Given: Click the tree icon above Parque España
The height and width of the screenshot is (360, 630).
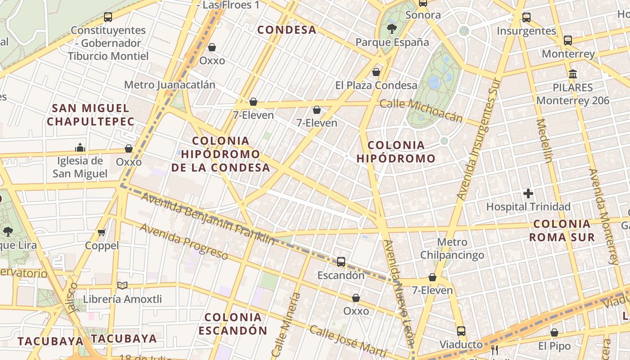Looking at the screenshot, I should [x=392, y=29].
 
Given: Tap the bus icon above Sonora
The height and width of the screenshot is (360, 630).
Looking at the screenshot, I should [x=423, y=3].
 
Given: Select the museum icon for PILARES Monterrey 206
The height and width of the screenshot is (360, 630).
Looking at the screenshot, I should [x=573, y=74].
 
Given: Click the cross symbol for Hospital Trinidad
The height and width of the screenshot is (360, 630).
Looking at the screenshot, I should [x=528, y=194].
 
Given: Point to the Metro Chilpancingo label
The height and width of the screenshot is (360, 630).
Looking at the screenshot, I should [x=452, y=248].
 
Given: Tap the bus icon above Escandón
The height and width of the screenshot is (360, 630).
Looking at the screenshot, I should [x=341, y=262].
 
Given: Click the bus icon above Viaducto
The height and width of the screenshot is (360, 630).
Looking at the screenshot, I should [x=461, y=331].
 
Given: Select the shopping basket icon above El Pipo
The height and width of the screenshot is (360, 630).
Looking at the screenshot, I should [x=554, y=333].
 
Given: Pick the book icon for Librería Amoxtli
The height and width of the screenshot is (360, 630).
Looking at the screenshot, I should [x=122, y=285].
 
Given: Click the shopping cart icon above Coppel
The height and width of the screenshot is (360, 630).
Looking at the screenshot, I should [x=102, y=233].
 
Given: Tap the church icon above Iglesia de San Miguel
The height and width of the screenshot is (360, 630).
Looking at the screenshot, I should [x=80, y=148].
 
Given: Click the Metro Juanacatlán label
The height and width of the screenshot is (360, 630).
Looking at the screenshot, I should [x=170, y=85].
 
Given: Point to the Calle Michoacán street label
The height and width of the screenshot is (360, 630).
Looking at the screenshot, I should [x=421, y=110].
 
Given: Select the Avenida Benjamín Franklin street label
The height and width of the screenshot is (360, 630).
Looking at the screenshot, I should [x=207, y=218].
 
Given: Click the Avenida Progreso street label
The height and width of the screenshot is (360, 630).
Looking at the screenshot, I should [x=184, y=241].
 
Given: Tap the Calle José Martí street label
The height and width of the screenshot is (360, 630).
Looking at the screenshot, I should [x=348, y=340].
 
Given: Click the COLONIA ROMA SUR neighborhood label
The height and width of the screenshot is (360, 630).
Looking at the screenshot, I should [x=562, y=230].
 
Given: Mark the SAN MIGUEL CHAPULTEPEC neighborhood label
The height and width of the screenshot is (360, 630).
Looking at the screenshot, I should [x=90, y=115].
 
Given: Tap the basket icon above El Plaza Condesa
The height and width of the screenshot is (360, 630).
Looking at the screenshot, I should [x=376, y=72].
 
